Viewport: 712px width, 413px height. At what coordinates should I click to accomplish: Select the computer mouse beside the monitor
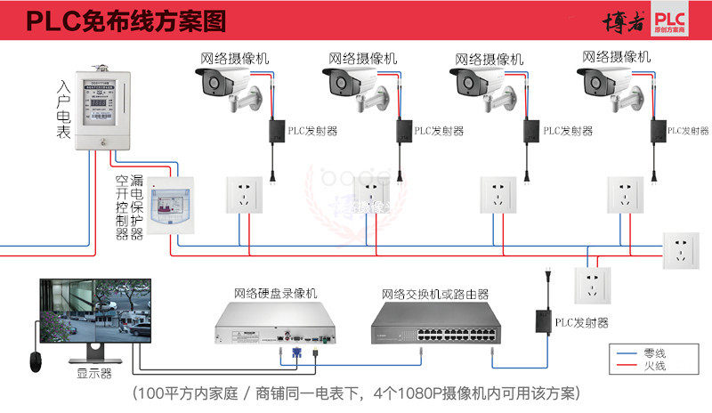[34, 361]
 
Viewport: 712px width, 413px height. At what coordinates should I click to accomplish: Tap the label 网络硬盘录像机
[275, 293]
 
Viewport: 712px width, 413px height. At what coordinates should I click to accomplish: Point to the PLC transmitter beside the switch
[540, 319]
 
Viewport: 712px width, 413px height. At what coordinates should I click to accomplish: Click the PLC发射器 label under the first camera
[312, 131]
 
